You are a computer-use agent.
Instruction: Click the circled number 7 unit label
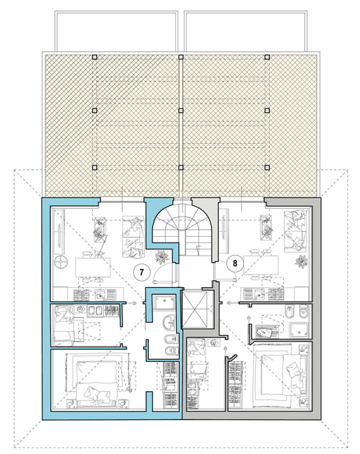[x=141, y=272]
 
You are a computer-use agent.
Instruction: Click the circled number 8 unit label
[x=235, y=263]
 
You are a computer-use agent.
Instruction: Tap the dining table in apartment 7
[x=93, y=268]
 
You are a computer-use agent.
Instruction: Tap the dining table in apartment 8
[x=260, y=265]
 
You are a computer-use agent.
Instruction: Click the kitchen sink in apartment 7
[x=101, y=295]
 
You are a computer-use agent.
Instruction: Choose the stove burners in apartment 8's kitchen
[x=275, y=293]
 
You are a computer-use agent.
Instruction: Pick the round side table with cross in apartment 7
[x=61, y=263]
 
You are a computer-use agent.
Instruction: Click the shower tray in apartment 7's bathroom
[x=164, y=303]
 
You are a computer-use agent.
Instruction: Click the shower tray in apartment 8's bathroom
[x=300, y=330]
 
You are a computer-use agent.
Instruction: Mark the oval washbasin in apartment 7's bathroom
[x=168, y=322]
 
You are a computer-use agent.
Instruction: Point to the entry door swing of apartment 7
[x=163, y=272]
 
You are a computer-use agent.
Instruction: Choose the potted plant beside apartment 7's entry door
[x=161, y=257]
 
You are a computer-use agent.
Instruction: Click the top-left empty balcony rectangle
[x=116, y=31]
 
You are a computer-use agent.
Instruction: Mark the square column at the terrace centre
[x=180, y=110]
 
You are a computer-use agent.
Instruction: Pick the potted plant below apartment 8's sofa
[x=301, y=261]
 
